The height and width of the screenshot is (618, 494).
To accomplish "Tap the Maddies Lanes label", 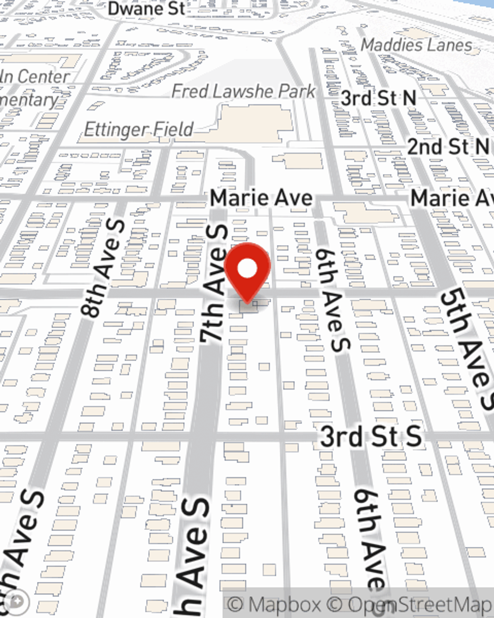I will point(416,45).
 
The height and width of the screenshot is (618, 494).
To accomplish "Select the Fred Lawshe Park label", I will point(244,91).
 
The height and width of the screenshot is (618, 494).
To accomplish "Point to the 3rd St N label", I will point(378,98).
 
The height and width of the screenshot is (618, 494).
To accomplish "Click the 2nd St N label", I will point(449,147).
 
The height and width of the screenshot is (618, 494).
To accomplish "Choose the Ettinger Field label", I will point(139,130).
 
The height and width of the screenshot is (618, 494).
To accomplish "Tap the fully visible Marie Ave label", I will point(261,198).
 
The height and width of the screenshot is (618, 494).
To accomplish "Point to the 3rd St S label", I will point(371,437).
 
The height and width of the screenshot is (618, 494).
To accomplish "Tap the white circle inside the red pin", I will point(247,269).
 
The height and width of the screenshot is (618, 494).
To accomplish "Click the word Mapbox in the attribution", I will point(285,605).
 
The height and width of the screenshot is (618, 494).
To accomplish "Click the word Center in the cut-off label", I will point(43,77).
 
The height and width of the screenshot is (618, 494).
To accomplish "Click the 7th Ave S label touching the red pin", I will point(215,284).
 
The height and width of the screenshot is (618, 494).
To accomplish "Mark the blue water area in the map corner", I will point(474,10).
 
